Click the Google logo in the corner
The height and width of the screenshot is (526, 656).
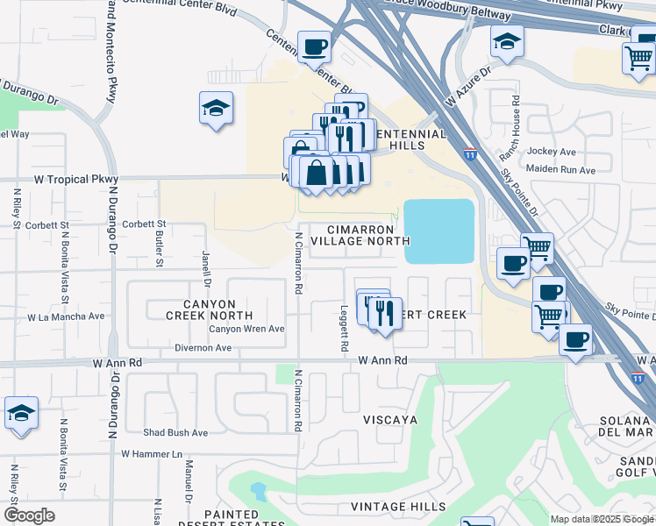[x=29, y=515]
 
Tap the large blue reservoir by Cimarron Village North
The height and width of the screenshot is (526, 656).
[x=439, y=231]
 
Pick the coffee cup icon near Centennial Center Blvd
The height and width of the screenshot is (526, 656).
[x=314, y=46]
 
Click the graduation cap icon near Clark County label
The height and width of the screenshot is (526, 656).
[x=507, y=40]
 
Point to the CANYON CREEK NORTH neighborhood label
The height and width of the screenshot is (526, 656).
[x=211, y=308]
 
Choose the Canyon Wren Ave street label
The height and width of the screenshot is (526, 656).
[x=246, y=329]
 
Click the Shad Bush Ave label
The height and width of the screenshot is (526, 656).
[x=175, y=432]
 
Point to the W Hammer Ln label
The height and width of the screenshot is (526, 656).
[x=151, y=453]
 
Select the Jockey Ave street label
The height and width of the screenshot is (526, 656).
[x=551, y=152]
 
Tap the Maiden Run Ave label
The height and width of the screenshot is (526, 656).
[x=561, y=170]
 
